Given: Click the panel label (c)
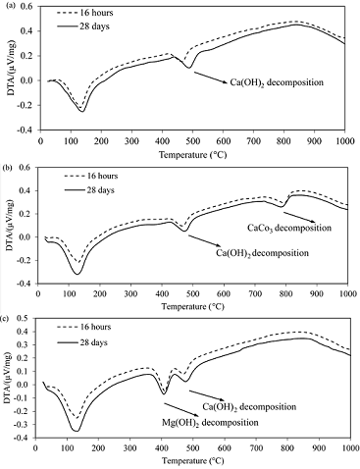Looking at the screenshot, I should [x=8, y=316].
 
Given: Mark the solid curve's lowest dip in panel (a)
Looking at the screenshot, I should [x=81, y=111].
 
